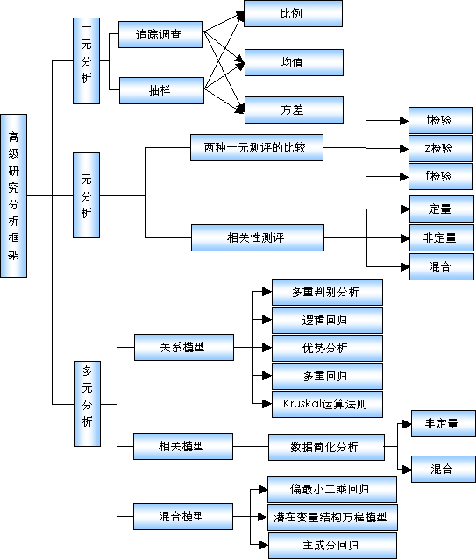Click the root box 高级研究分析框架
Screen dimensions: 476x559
click(13, 195)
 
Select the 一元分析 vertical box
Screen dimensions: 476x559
click(86, 61)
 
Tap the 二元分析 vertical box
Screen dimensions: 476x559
click(86, 195)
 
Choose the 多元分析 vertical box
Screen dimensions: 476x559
click(87, 404)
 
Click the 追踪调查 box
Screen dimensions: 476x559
click(160, 34)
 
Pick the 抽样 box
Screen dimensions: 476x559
click(161, 90)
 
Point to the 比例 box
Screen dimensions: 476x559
click(293, 13)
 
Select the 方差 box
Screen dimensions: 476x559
click(294, 110)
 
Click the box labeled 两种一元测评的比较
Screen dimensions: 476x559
click(257, 147)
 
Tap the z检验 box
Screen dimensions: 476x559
click(441, 148)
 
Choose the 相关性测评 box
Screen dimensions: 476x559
click(258, 237)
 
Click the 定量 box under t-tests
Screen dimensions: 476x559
click(442, 209)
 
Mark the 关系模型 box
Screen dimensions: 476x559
click(184, 347)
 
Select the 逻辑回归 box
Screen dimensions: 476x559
click(327, 320)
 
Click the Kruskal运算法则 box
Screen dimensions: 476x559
click(327, 404)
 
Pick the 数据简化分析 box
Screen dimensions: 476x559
click(326, 447)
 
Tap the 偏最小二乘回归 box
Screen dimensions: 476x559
click(332, 489)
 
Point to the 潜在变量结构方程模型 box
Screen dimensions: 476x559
click(332, 517)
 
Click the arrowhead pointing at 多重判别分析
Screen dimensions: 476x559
click(266, 292)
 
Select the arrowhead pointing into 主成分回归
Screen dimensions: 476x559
click(263, 545)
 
